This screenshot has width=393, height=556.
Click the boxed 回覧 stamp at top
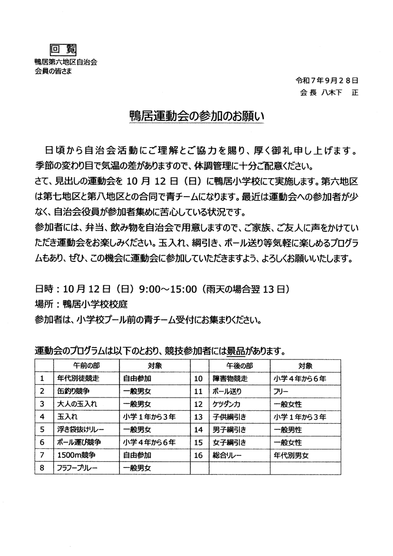tap(63, 50)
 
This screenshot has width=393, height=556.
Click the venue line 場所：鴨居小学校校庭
tap(81, 303)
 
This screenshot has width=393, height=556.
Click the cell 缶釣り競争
tap(73, 391)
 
